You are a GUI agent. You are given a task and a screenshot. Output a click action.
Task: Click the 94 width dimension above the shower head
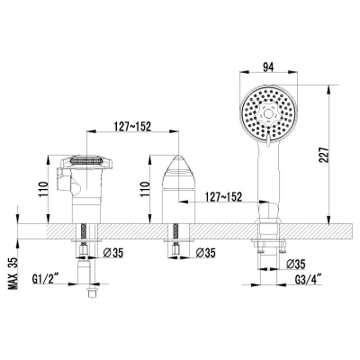[268, 67]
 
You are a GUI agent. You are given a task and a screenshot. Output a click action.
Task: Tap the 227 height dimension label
[324, 155]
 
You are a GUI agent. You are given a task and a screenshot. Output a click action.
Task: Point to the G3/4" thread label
[308, 280]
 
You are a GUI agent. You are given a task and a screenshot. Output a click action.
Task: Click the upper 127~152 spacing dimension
[133, 127]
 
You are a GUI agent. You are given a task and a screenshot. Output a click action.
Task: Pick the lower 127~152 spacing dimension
[223, 197]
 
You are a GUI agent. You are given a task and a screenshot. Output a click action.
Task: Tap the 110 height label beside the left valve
[44, 189]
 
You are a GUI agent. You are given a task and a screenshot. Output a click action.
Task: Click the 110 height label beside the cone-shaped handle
[145, 189]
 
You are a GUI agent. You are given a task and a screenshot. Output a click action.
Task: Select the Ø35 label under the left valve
[113, 253]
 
